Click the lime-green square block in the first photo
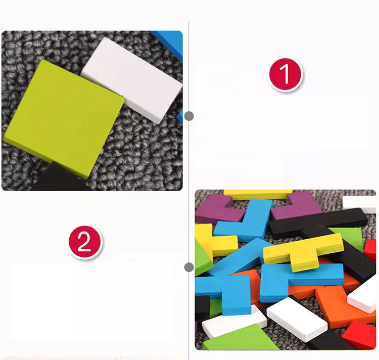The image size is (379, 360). point(64,118)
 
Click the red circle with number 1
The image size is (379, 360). point(286,74)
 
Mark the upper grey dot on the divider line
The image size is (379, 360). point(189,116)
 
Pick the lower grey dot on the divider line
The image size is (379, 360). point(189,267)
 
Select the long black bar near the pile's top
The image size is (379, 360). point(318,222)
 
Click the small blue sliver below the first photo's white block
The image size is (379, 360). point(180,116)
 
